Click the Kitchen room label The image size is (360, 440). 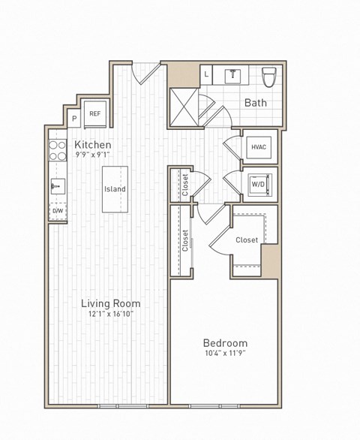(x=93, y=144)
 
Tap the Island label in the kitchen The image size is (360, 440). (x=115, y=189)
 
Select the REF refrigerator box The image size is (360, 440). (x=95, y=114)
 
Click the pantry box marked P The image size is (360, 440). (x=74, y=118)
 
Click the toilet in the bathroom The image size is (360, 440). (x=269, y=77)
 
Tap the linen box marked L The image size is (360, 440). (x=207, y=74)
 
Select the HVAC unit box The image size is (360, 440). (x=259, y=148)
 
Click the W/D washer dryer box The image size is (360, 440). (x=259, y=184)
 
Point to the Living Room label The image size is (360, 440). (x=111, y=303)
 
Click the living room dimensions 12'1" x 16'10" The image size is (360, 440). (x=111, y=315)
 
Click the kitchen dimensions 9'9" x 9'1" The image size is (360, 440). (x=93, y=155)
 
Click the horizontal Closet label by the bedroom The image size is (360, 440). (x=247, y=240)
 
